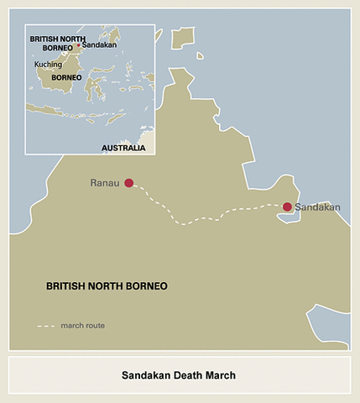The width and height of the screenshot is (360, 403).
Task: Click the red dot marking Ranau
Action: [x=128, y=183]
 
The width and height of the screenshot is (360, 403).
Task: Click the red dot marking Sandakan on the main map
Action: [x=287, y=207]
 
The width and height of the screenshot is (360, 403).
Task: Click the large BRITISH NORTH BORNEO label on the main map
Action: [x=107, y=286]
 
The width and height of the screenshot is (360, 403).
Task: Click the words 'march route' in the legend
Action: [x=82, y=325]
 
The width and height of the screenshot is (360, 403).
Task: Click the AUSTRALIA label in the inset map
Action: [x=123, y=148]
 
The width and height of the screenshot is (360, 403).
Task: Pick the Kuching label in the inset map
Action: [x=48, y=64]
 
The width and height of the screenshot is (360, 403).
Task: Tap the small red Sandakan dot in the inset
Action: [x=79, y=45]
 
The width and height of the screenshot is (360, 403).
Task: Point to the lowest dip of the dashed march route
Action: [x=186, y=223]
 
